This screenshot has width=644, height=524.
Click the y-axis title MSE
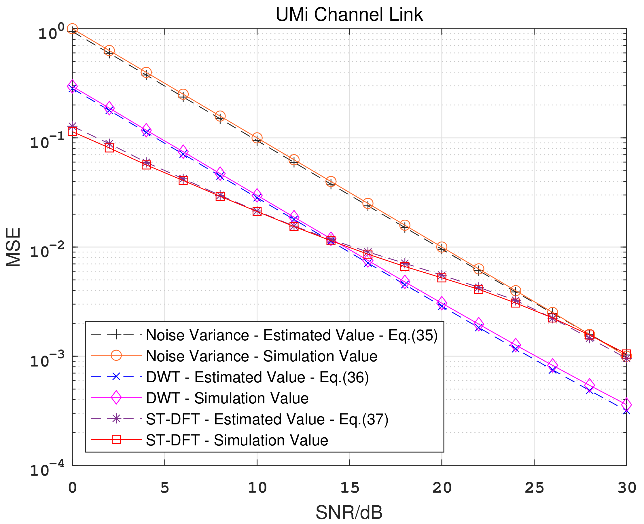click(13, 247)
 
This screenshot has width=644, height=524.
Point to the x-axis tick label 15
click(349, 488)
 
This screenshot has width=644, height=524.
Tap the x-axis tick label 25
click(534, 488)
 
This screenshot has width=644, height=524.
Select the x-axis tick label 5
click(164, 488)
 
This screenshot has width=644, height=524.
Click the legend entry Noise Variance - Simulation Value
click(262, 356)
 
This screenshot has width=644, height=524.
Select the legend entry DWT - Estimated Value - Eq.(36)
click(257, 377)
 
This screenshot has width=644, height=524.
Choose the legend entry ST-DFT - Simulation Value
click(237, 441)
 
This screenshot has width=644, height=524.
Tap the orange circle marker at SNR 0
click(73, 29)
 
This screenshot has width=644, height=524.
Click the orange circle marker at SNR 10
click(257, 138)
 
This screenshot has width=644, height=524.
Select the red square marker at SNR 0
click(73, 132)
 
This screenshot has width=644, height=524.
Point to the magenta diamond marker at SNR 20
click(442, 302)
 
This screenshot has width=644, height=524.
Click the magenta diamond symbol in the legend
click(116, 398)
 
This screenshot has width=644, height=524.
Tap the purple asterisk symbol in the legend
click(116, 419)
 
